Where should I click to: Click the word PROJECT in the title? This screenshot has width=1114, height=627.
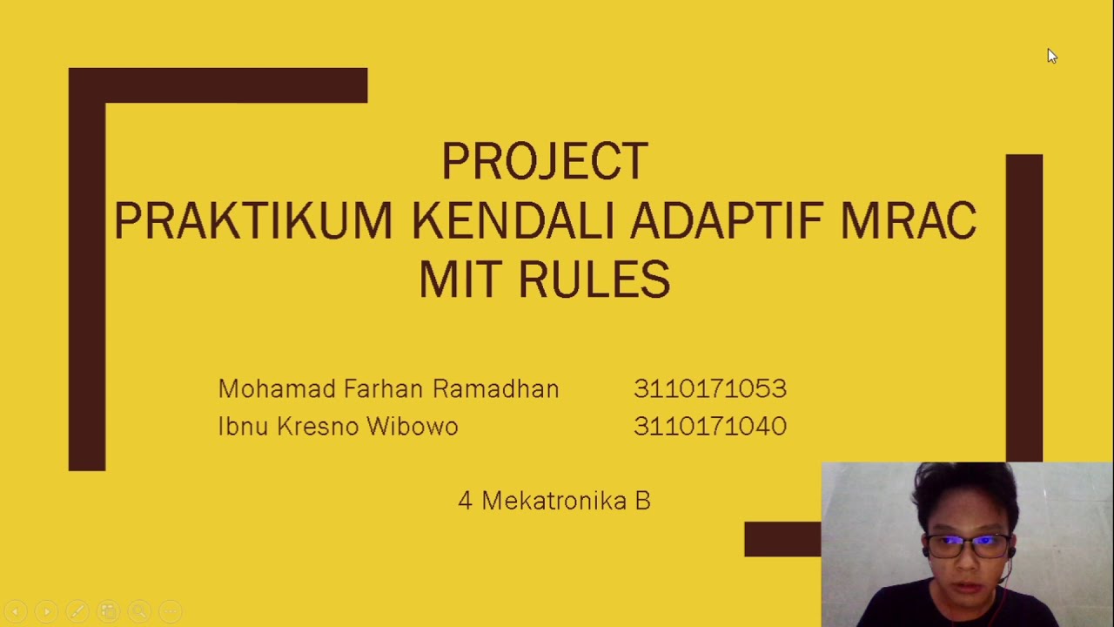pos(544,162)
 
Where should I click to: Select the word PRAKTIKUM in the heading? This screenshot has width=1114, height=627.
pos(253,221)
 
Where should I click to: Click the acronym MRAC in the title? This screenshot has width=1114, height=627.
pos(908,221)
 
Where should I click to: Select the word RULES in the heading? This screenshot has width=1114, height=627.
pos(594,280)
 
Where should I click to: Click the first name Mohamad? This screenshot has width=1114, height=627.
pos(276,389)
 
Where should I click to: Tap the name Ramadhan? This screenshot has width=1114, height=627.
pos(495,389)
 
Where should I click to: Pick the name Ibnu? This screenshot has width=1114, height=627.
pos(243,427)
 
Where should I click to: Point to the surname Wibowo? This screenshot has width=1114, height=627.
pos(412,427)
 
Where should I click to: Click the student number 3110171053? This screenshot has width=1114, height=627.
pos(710,389)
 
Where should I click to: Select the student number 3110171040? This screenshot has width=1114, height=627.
pos(710,427)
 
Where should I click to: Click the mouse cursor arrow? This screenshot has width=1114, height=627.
pos(1051,57)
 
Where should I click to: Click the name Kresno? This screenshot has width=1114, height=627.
pos(317,427)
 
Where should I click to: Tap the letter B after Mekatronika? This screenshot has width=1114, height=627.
pos(643,501)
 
